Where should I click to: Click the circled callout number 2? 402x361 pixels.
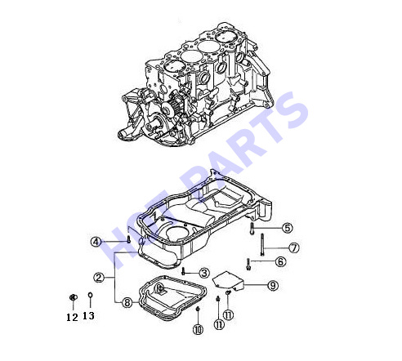99,278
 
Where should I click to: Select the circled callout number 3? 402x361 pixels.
204,273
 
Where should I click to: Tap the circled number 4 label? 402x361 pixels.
96,242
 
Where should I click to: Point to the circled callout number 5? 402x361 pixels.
287,228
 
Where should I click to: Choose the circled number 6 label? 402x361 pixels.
280,261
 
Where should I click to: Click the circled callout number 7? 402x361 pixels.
293,247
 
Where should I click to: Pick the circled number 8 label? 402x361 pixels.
127,302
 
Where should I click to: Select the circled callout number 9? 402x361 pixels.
273,285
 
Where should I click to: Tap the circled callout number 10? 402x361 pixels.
198,329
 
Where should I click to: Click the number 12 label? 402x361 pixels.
72,317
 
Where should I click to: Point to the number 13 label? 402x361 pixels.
88,316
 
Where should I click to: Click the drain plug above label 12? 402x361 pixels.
73,297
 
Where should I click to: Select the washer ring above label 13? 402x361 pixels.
90,295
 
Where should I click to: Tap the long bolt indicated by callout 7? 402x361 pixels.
262,244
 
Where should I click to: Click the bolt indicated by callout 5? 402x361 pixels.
252,228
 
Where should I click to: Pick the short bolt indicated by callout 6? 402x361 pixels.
248,265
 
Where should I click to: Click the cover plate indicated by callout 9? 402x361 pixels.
228,281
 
